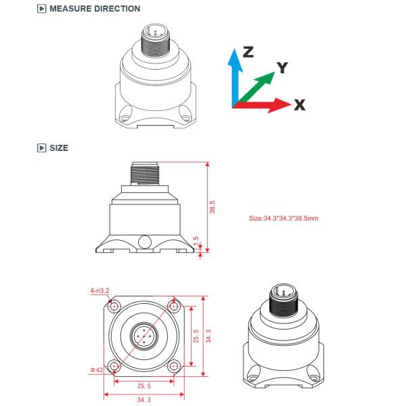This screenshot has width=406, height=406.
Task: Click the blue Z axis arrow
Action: pyautogui.click(x=235, y=74)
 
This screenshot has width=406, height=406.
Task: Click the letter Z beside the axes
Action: pyautogui.click(x=250, y=53)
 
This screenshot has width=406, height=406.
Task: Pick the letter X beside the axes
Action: pyautogui.click(x=300, y=106)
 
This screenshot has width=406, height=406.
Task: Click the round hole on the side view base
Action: pyautogui.click(x=143, y=240)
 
